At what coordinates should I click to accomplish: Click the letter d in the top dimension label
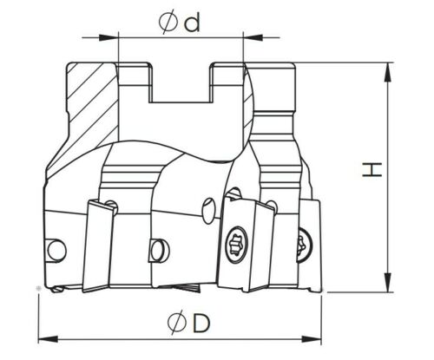pyautogui.click(x=192, y=23)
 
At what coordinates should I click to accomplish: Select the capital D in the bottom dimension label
pyautogui.click(x=201, y=323)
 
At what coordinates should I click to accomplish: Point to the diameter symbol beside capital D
pyautogui.click(x=177, y=323)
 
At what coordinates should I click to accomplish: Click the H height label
pyautogui.click(x=372, y=169)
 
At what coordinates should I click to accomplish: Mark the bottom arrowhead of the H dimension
pyautogui.click(x=387, y=282)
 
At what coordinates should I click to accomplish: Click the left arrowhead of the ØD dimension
pyautogui.click(x=49, y=339)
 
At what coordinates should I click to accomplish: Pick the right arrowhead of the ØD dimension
pyautogui.click(x=312, y=339)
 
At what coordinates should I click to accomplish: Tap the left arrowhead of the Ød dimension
pyautogui.click(x=109, y=37)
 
